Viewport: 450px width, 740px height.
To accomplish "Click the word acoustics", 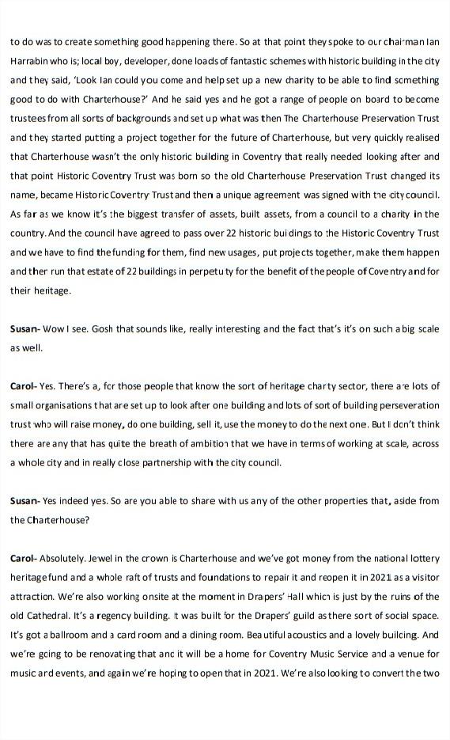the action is coord(316,635).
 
